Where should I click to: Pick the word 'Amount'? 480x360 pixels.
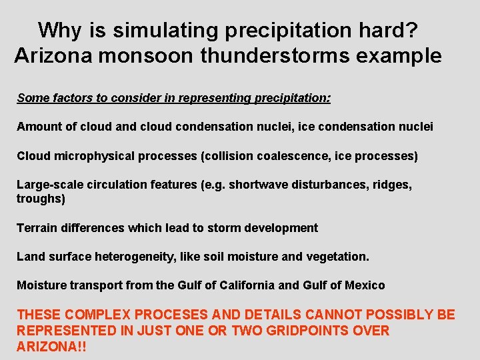pyautogui.click(x=38, y=126)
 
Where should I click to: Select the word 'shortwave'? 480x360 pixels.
pyautogui.click(x=257, y=185)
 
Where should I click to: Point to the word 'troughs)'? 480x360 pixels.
pyautogui.click(x=41, y=199)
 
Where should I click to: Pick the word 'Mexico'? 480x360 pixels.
pyautogui.click(x=365, y=285)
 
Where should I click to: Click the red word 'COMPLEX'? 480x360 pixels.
pyautogui.click(x=91, y=315)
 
